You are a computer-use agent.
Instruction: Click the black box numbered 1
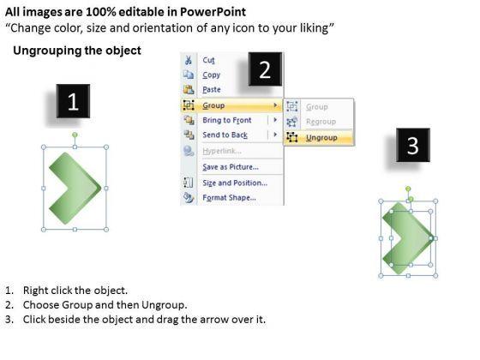[73, 101]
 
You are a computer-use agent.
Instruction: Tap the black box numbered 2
[265, 69]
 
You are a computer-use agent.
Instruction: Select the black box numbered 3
[413, 145]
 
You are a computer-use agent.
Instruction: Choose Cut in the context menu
[208, 60]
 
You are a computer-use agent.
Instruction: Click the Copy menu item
[211, 75]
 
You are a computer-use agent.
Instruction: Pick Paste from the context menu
[212, 90]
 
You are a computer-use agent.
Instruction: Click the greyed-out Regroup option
[321, 122]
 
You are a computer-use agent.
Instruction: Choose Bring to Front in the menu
[227, 120]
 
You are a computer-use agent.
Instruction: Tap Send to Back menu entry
[225, 135]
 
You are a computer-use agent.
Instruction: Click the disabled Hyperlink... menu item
[222, 151]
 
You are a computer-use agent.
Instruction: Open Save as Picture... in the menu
[231, 167]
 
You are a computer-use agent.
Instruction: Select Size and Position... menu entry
[235, 183]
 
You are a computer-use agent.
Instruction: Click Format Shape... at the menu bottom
[230, 198]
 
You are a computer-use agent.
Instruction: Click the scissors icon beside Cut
[189, 60]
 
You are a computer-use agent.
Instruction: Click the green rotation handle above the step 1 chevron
[75, 135]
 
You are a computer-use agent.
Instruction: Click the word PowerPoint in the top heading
[213, 12]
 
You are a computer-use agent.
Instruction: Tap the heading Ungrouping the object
[77, 51]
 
